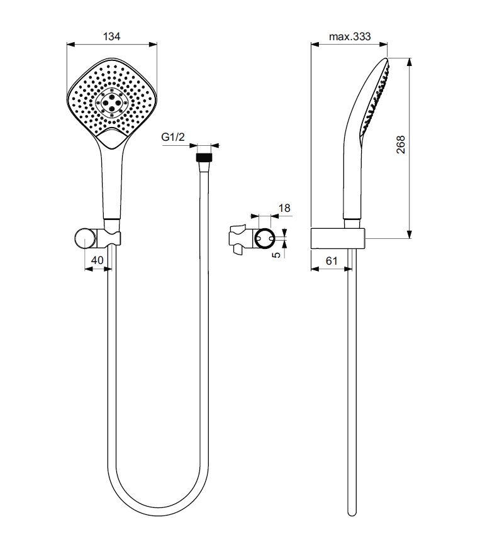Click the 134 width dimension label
click(111, 36)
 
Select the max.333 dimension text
click(350, 36)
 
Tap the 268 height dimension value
click(401, 145)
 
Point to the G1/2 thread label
click(173, 137)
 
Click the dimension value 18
click(284, 208)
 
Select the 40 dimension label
click(97, 260)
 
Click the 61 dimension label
click(332, 261)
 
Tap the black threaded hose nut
click(204, 158)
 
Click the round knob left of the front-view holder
click(86, 239)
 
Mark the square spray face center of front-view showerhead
click(112, 103)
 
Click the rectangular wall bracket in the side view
click(338, 238)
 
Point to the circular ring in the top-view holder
click(265, 239)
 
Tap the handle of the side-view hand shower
click(352, 181)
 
